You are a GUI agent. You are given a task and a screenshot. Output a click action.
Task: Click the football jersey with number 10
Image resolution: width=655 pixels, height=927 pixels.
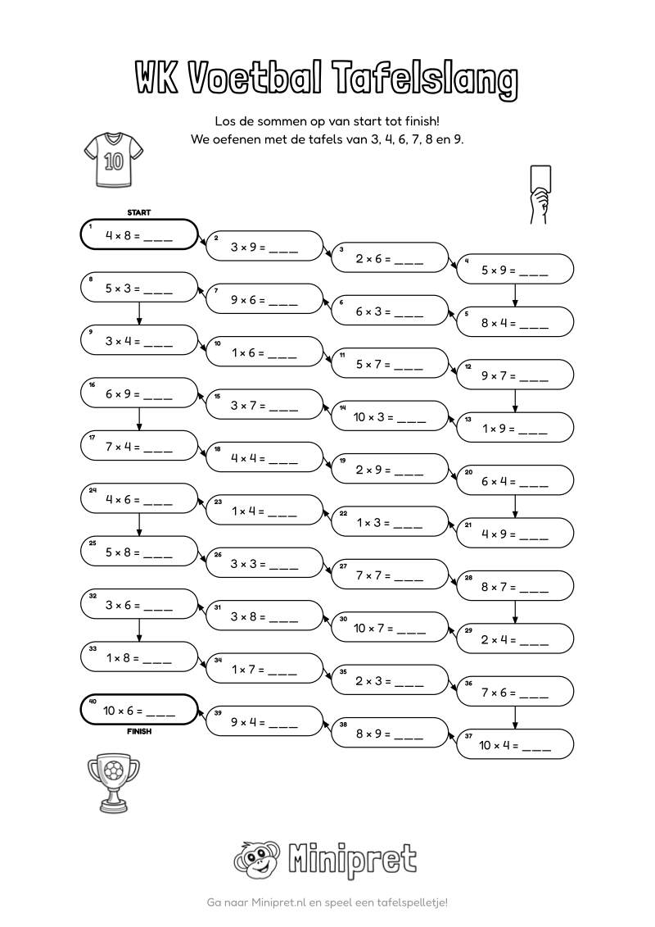114,160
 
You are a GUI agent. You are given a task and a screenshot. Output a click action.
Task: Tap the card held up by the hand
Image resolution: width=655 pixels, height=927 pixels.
541,177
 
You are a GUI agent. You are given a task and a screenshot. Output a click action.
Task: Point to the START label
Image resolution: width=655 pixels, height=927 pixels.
139,212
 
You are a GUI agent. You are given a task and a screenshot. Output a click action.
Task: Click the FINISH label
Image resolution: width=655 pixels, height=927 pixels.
139,731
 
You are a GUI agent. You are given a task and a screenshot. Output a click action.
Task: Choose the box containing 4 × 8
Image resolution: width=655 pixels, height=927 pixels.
139,234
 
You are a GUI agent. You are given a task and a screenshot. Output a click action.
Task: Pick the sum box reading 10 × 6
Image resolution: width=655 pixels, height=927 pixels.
139,710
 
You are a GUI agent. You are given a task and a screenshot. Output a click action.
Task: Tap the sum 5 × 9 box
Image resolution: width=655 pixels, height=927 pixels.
515,270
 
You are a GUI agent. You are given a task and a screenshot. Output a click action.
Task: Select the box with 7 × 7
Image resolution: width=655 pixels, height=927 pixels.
390,575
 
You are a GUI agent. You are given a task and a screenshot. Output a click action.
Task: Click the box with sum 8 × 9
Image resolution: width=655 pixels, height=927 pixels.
390,733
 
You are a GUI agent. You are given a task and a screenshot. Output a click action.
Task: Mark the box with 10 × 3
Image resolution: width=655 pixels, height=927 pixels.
390,416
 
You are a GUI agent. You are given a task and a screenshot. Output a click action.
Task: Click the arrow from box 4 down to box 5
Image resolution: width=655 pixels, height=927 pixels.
515,296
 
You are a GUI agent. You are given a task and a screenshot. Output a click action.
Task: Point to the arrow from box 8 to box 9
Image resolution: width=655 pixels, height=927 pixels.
139,313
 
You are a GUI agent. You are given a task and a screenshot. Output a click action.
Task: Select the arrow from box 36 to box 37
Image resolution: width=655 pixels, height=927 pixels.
515,718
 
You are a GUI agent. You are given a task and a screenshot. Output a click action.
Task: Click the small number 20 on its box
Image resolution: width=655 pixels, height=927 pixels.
468,472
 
